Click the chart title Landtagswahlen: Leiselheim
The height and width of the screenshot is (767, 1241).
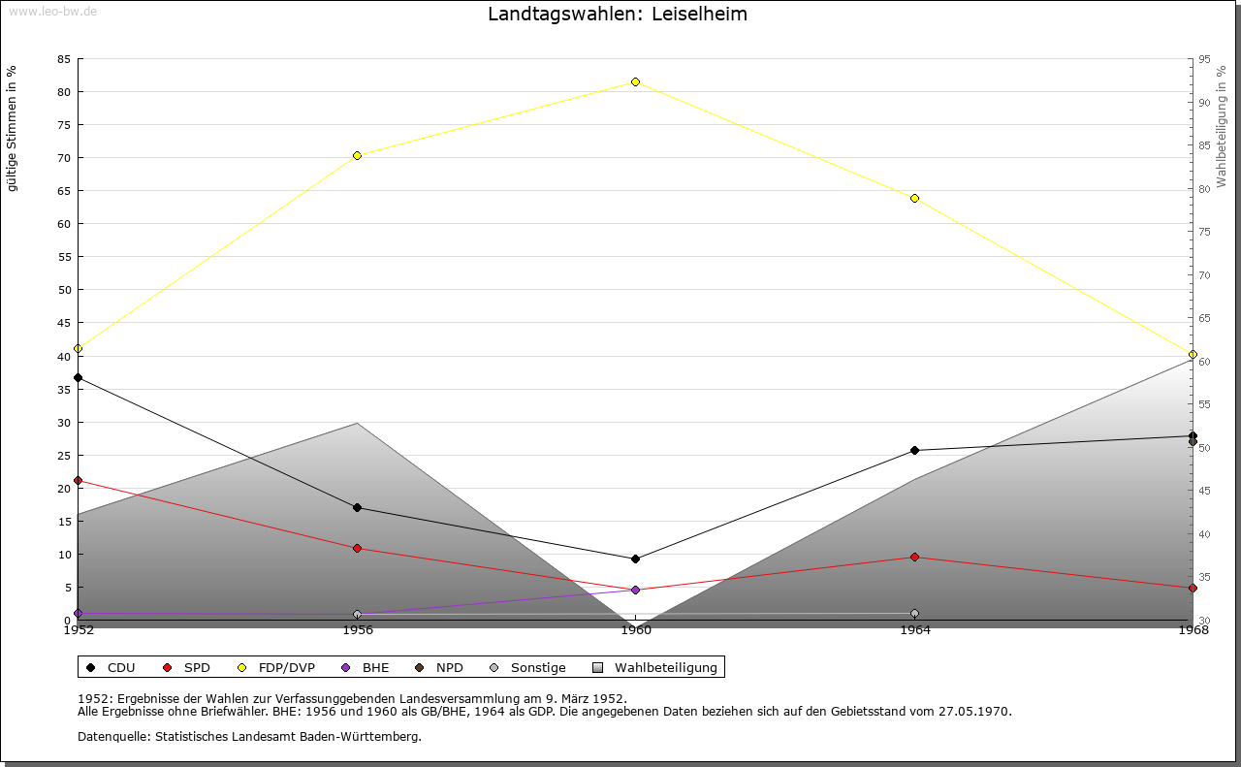click(x=618, y=15)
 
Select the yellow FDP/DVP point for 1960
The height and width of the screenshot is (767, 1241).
click(x=635, y=81)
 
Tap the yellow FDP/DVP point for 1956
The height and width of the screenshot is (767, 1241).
click(x=357, y=155)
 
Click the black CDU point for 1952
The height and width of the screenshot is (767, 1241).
click(x=78, y=377)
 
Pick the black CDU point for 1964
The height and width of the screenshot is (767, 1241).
click(x=914, y=450)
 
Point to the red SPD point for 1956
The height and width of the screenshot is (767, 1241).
click(x=357, y=548)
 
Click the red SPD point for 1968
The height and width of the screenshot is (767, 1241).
click(x=1193, y=588)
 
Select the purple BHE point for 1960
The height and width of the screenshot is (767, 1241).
click(x=635, y=590)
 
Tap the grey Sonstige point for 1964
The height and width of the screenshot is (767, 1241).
click(x=914, y=614)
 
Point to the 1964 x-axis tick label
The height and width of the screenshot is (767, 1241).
click(x=914, y=630)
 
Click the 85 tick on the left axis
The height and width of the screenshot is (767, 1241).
click(x=63, y=59)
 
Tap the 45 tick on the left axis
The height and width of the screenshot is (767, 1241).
click(x=63, y=323)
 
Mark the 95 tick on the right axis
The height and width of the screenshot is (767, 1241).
click(x=1204, y=59)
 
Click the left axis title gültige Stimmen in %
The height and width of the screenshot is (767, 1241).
click(x=13, y=128)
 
